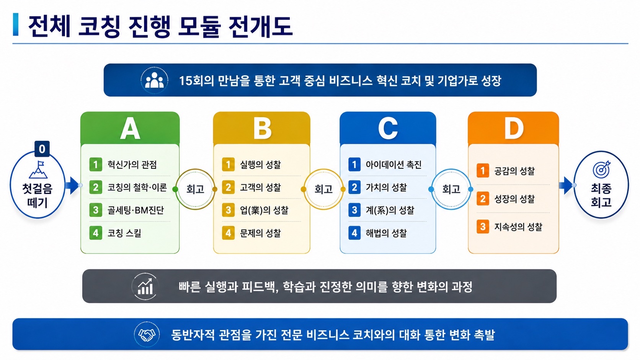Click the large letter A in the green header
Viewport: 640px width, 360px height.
pyautogui.click(x=130, y=129)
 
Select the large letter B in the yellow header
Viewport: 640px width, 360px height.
pyautogui.click(x=262, y=129)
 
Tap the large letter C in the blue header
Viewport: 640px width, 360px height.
pyautogui.click(x=388, y=129)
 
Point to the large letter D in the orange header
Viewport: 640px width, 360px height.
pyautogui.click(x=513, y=129)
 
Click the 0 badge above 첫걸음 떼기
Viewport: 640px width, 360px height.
pyautogui.click(x=42, y=149)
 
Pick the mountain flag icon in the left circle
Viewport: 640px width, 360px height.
pyautogui.click(x=38, y=169)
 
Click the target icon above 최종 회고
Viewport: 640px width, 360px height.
pyautogui.click(x=601, y=169)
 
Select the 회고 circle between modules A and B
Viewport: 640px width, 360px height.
pyautogui.click(x=195, y=189)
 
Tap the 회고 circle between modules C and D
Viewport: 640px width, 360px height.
pyautogui.click(x=451, y=189)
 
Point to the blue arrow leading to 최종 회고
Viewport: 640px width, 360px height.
pyautogui.click(x=566, y=185)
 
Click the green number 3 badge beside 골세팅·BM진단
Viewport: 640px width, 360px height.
pyautogui.click(x=96, y=210)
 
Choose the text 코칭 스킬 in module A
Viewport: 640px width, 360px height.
pyautogui.click(x=124, y=233)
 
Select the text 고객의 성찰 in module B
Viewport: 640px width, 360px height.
pyautogui.click(x=260, y=187)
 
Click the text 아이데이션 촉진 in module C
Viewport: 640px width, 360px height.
pyautogui.click(x=393, y=165)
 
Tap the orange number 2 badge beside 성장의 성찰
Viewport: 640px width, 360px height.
pyautogui.click(x=483, y=199)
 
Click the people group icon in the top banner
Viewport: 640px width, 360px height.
pyautogui.click(x=154, y=80)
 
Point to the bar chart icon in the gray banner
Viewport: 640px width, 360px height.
pyautogui.click(x=145, y=287)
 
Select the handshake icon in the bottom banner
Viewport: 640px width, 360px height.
pyautogui.click(x=147, y=335)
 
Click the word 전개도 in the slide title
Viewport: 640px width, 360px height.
pyautogui.click(x=261, y=26)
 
